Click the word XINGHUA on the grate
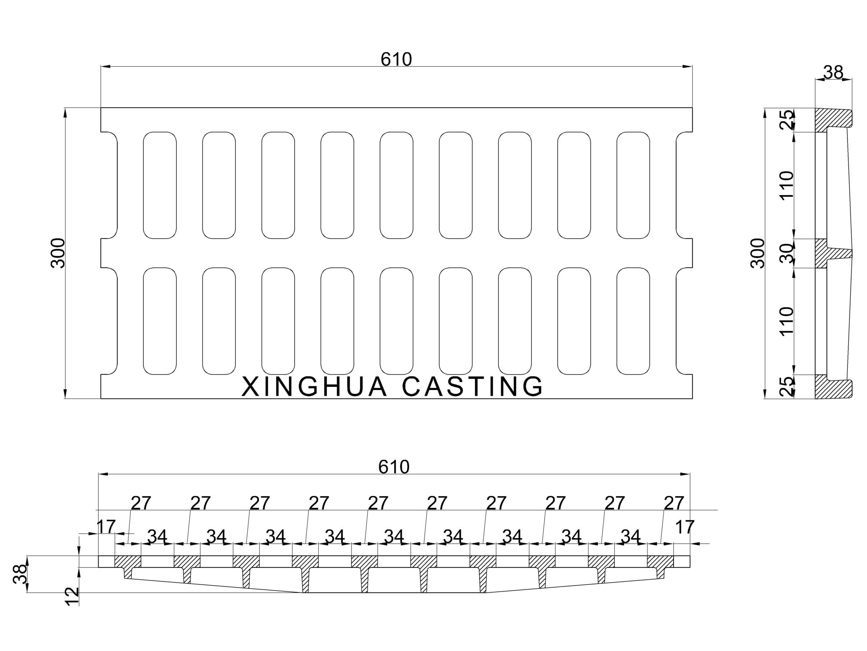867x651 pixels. tap(314, 387)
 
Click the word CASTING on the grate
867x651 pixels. tap(472, 387)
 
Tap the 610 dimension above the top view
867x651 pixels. tap(396, 59)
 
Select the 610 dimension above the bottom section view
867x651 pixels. tap(394, 467)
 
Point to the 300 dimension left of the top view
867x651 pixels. tap(58, 253)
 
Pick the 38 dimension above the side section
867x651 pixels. tap(833, 73)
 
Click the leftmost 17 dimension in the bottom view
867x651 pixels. tap(106, 526)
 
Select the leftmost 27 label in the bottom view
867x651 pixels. tap(141, 503)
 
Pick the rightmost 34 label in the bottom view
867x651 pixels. tap(631, 536)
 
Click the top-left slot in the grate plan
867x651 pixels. tap(159, 185)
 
